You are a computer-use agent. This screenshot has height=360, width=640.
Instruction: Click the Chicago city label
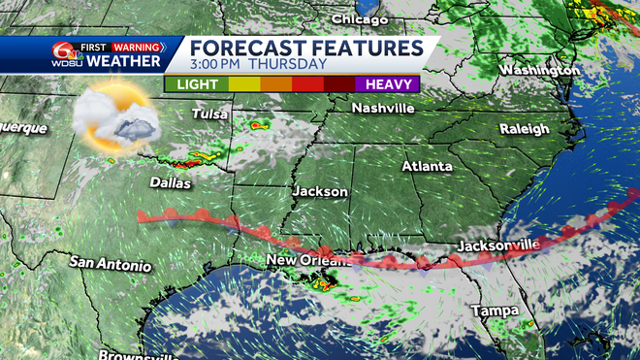coord(359,19)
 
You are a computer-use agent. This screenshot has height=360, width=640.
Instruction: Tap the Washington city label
coord(541,70)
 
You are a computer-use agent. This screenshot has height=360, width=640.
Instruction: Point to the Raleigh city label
coord(524,128)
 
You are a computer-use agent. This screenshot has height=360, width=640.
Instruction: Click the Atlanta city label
coord(427,166)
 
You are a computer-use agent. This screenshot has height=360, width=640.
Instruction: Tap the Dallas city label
coord(171,182)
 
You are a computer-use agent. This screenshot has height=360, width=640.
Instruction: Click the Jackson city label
coord(320,192)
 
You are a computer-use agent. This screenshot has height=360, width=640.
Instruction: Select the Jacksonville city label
coord(497,245)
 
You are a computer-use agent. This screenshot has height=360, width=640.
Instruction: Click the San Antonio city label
coord(111,264)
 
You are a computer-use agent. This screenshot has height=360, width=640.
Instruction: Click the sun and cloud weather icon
coord(114,119)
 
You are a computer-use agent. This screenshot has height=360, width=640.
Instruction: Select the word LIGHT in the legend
coord(197,84)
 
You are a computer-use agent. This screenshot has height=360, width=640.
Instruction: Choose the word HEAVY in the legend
coord(387,84)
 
